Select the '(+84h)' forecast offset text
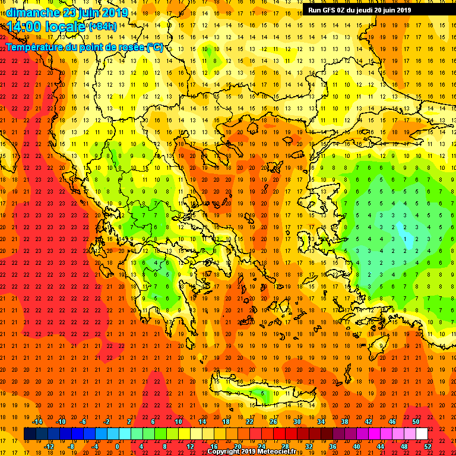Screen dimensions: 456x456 (x=104, y=27)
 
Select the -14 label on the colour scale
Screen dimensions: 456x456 (x=37, y=422)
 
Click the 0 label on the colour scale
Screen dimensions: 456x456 (x=117, y=446)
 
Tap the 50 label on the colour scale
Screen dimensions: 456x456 (x=416, y=422)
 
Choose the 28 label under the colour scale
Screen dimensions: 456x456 (x=285, y=446)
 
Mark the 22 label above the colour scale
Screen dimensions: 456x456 (x=250, y=422)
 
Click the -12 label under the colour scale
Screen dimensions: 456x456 (x=49, y=446)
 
